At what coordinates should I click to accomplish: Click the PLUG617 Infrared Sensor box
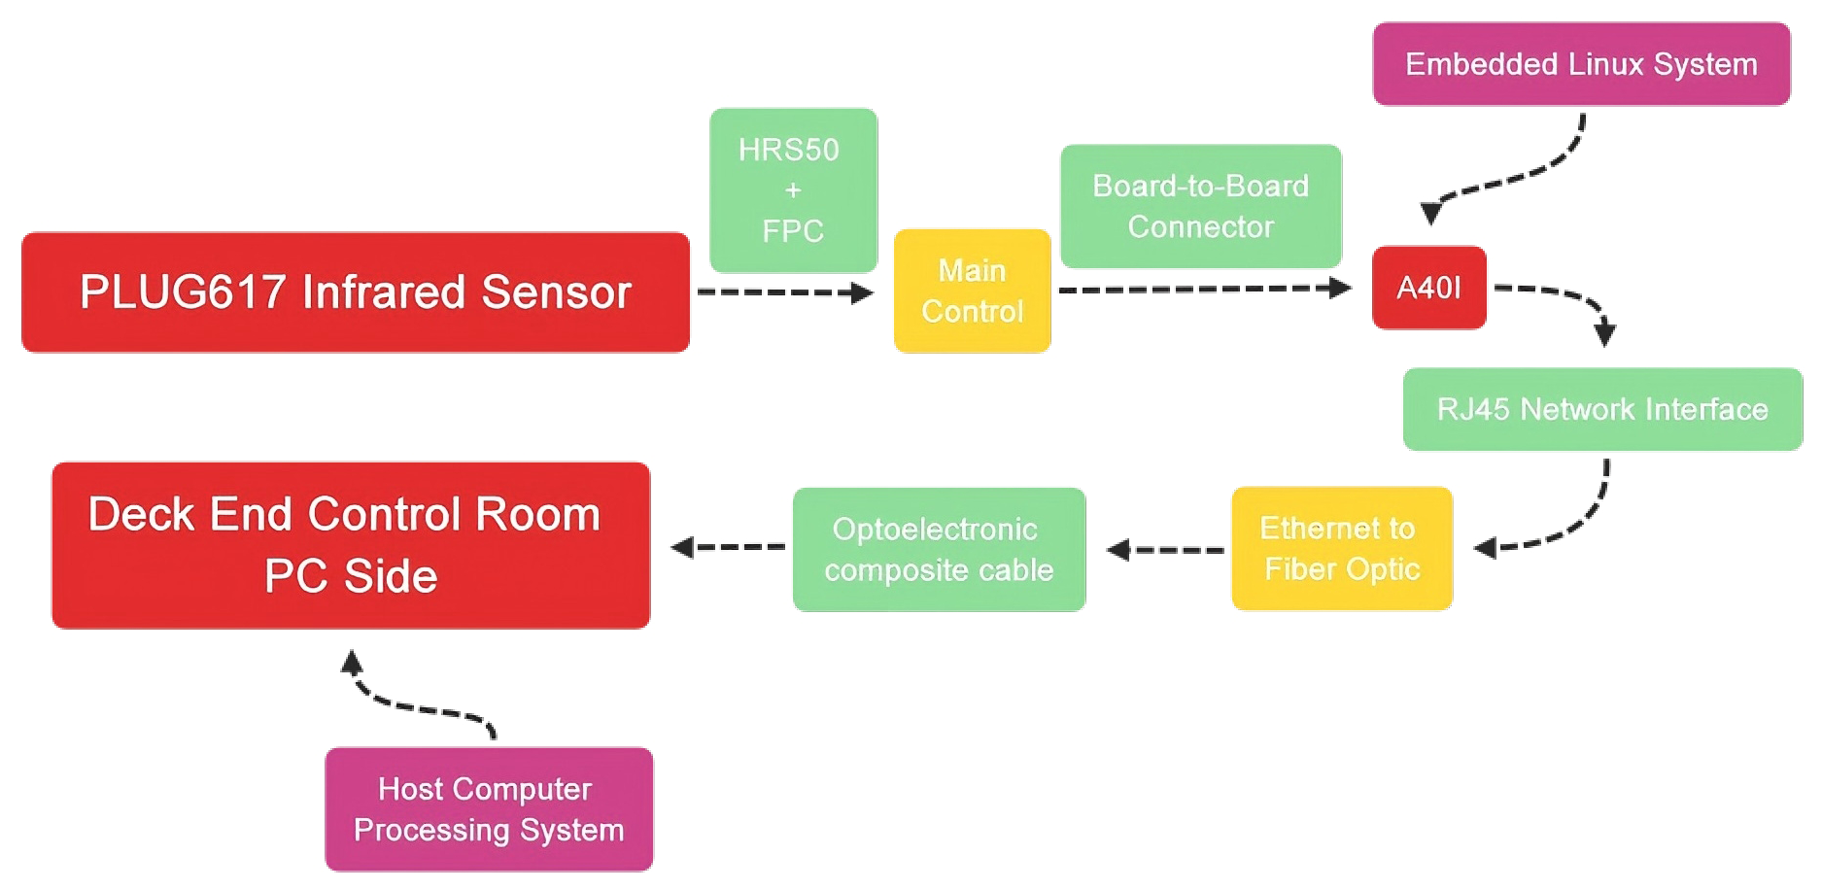(x=356, y=292)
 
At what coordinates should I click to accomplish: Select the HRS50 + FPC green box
(x=793, y=190)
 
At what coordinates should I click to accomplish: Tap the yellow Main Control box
(x=972, y=291)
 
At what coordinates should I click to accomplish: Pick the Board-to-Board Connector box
(x=1200, y=206)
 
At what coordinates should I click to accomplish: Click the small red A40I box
(x=1428, y=288)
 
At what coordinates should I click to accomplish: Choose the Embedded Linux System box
(x=1581, y=64)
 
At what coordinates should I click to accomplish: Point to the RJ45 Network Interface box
(x=1602, y=409)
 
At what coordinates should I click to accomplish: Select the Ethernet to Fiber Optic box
(x=1341, y=548)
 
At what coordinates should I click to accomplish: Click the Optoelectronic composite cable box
(x=939, y=549)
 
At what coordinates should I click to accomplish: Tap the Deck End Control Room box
(x=351, y=545)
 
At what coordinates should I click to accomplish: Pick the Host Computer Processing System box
(x=489, y=808)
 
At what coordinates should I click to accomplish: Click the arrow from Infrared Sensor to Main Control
(x=785, y=292)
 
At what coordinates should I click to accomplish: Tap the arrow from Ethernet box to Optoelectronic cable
(x=1166, y=550)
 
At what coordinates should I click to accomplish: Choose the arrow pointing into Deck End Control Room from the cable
(x=729, y=547)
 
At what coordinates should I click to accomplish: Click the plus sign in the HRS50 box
(x=793, y=190)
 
